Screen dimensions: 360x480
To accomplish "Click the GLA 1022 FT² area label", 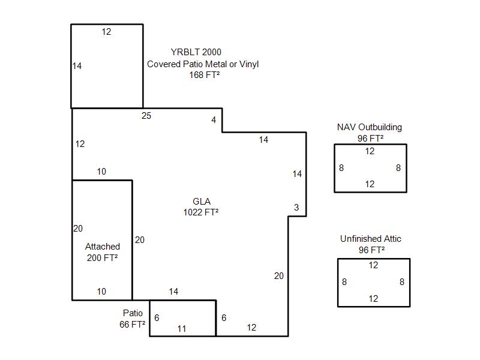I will [x=201, y=206].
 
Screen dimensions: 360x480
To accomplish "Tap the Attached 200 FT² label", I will [x=102, y=252].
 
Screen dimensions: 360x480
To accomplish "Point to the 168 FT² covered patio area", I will [x=204, y=75].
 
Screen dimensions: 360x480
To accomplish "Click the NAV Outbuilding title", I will [x=370, y=127].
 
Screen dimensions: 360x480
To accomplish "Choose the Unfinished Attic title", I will [x=371, y=239].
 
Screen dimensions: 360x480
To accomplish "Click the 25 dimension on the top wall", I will [x=146, y=116].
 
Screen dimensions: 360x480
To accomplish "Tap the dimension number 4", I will [x=214, y=120].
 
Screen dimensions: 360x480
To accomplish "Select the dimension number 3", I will [x=296, y=208].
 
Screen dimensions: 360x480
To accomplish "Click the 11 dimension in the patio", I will [x=182, y=328].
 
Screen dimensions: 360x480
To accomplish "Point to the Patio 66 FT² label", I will [x=133, y=319].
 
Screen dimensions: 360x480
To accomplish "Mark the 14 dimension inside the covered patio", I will [x=77, y=66].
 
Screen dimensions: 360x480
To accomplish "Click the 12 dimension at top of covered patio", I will [x=106, y=32].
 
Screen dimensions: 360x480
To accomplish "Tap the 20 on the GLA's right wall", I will [x=279, y=276].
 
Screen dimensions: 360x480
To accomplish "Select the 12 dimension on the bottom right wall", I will [x=251, y=328].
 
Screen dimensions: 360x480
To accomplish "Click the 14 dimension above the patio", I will [x=173, y=292].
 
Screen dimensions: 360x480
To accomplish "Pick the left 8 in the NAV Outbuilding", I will [x=341, y=168].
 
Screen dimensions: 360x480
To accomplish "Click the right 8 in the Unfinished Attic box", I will [x=402, y=282].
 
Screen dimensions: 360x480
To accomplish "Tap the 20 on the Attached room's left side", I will [x=78, y=229].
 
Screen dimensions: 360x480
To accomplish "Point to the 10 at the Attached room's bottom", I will [x=101, y=292].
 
